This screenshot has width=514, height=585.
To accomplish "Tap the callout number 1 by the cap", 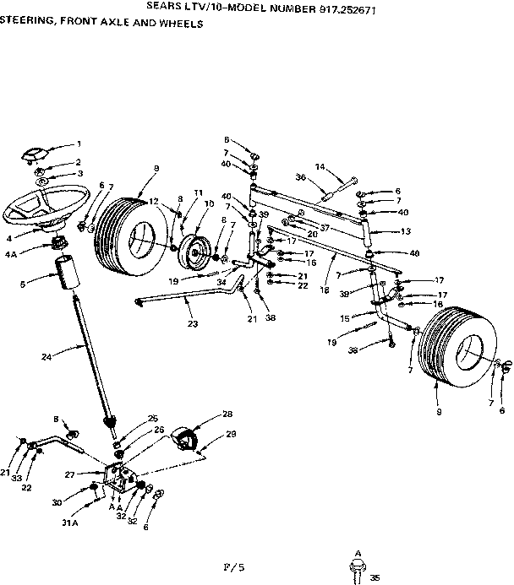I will point(79,144).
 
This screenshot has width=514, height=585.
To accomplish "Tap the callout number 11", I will point(200,192).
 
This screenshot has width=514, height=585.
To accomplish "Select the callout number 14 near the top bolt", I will point(320,167).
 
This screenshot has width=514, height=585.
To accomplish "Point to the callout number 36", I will point(300,177).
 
